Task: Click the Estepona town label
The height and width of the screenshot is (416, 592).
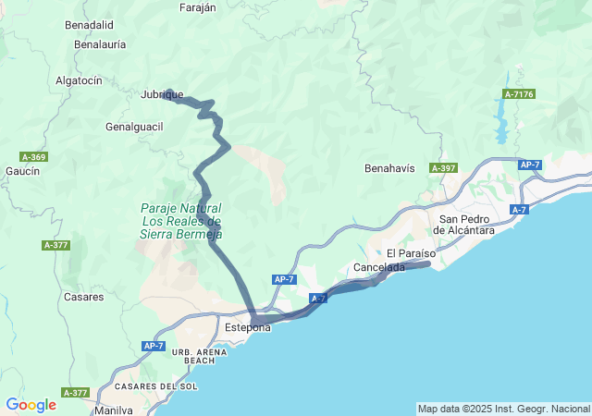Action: coord(248,327)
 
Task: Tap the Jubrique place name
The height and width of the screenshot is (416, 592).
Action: coord(162,94)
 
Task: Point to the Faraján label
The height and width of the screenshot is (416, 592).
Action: coord(195,7)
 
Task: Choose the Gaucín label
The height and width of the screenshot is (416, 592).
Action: coord(22,171)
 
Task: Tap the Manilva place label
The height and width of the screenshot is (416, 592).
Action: coord(113,410)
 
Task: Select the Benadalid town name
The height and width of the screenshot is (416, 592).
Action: coord(89,25)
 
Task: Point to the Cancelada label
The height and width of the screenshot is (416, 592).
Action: coord(379,267)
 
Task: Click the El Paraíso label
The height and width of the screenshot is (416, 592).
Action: coord(409,253)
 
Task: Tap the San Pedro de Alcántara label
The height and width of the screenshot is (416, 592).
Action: coord(467,224)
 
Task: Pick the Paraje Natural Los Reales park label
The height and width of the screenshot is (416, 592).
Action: coord(181,221)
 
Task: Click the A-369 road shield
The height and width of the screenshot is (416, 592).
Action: coord(32,157)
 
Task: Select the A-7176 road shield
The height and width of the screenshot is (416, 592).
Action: coord(519,94)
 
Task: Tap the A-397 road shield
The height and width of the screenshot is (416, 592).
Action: coord(444,168)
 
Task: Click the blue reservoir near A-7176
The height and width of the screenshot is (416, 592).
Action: coord(502,119)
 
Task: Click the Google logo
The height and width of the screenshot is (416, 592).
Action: coord(31,405)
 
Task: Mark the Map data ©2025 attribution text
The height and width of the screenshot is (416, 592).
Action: coord(502,409)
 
